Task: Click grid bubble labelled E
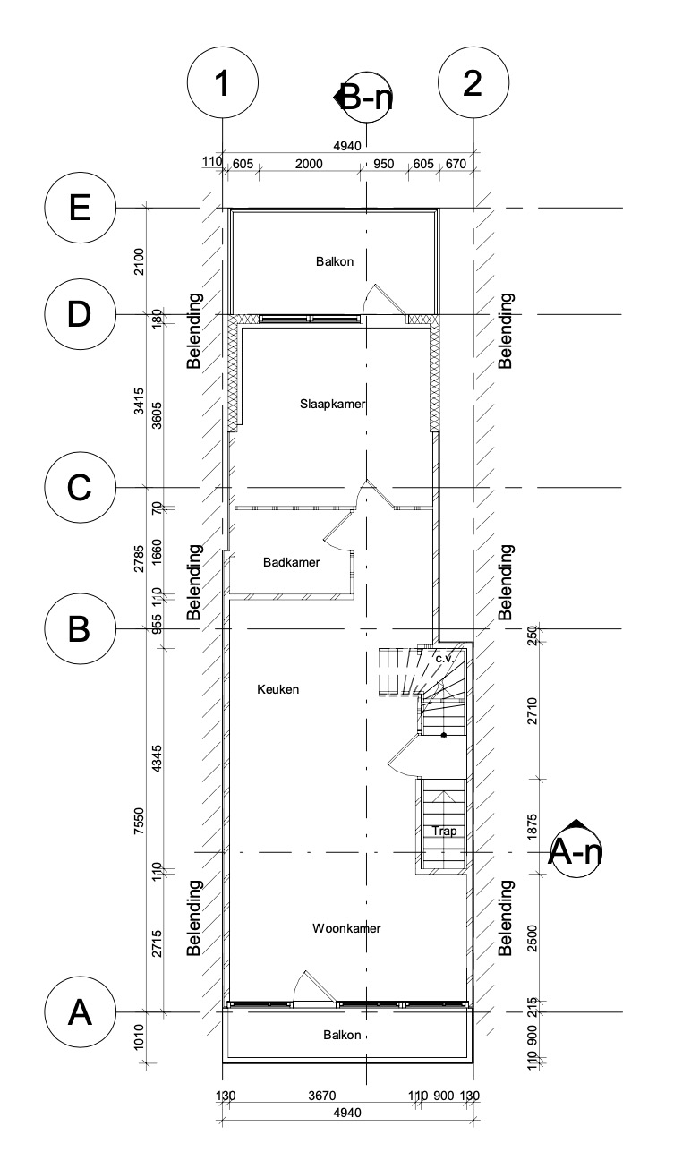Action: (81, 209)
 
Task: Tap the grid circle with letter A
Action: (81, 1012)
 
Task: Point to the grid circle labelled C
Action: (81, 488)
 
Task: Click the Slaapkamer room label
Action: (333, 405)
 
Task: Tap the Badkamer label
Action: (292, 562)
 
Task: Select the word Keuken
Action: (277, 689)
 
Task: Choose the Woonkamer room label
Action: (346, 928)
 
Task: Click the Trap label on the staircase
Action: (445, 831)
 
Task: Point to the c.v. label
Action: (446, 658)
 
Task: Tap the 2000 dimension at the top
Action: (307, 164)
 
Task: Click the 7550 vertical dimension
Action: (139, 819)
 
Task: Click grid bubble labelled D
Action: (81, 314)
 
